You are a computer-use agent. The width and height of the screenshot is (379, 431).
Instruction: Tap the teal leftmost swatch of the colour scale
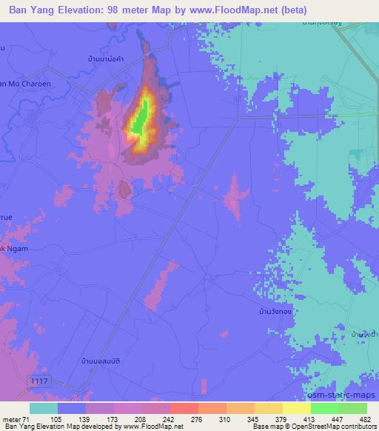pyautogui.click(x=43, y=408)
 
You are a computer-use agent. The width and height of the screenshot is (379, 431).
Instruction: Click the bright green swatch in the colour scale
pyautogui.click(x=324, y=408)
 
